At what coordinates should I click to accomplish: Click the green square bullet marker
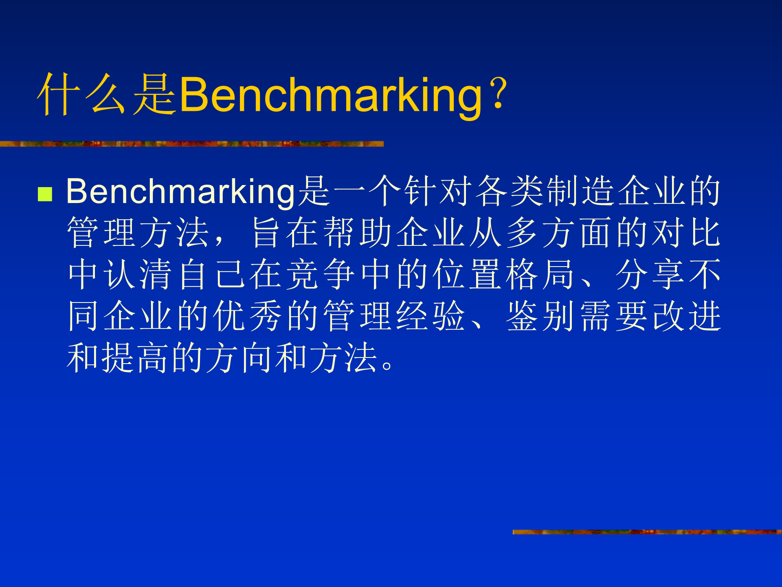point(45,194)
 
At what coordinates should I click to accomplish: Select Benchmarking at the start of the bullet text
point(180,192)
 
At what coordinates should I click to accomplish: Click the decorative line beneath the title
point(191,144)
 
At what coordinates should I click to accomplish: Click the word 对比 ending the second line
point(687,232)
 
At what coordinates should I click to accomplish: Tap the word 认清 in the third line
point(138,274)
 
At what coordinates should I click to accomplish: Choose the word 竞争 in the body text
point(321,274)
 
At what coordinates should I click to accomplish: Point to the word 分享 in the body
point(650,274)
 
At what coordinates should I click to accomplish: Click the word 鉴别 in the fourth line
point(540,316)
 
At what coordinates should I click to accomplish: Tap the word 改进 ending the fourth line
point(687,316)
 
